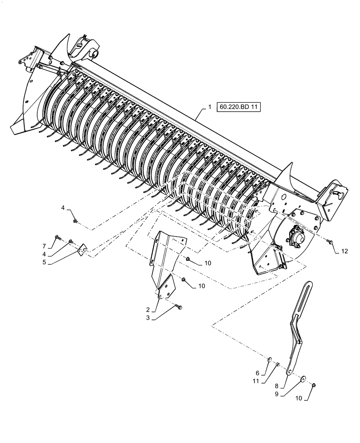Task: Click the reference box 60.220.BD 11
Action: (239, 107)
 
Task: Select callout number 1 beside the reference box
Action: (210, 107)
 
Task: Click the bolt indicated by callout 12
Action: (329, 241)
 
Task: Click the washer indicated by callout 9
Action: (302, 378)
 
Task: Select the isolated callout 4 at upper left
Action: (63, 208)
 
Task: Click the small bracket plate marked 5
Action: (82, 252)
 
